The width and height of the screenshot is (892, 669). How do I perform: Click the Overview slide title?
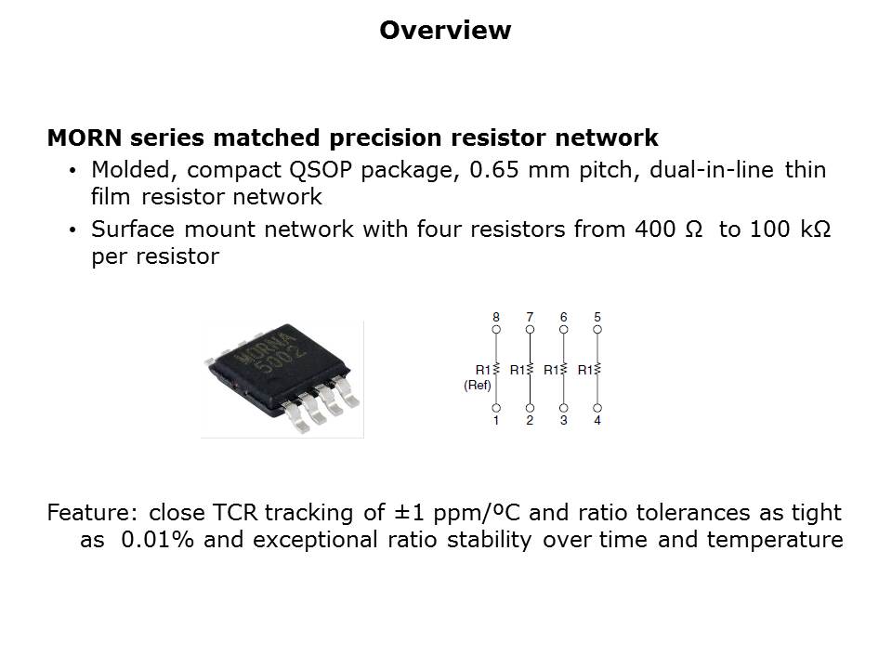coord(445,30)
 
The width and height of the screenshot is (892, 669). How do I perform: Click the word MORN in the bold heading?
coord(85,138)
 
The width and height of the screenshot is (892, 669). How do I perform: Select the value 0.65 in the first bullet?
coord(493,170)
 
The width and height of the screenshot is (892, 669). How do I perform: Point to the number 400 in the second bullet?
coord(655,230)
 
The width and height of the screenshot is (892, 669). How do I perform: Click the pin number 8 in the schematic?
coord(496,317)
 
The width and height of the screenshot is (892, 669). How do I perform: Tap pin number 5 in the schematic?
coord(597,317)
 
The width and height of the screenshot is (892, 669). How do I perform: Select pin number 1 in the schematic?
coord(496,420)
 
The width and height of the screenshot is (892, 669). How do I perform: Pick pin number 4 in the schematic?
coord(597,420)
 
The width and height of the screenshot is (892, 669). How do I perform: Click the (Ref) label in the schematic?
coord(478,385)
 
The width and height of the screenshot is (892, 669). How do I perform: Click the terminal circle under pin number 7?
coord(530,329)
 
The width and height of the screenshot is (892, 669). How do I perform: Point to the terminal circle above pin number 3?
coord(563,408)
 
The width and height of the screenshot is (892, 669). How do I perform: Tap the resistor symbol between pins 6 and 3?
coord(563,369)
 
